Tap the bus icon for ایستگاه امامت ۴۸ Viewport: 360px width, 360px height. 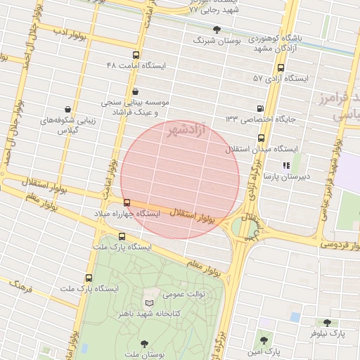pyautogui.click(x=136, y=55)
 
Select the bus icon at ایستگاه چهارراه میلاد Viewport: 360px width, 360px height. pyautogui.click(x=127, y=203)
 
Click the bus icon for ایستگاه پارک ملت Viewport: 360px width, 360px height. pyautogui.click(x=122, y=237)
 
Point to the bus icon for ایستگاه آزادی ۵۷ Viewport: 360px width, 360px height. pyautogui.click(x=281, y=68)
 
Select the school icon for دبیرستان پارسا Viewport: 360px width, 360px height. pyautogui.click(x=285, y=166)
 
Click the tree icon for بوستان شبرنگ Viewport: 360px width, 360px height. pyautogui.click(x=217, y=30)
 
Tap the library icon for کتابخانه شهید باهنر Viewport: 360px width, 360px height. pyautogui.click(x=149, y=302)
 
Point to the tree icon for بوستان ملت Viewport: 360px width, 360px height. pyautogui.click(x=144, y=344)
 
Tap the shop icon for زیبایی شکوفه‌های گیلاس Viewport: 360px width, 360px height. pyautogui.click(x=67, y=110)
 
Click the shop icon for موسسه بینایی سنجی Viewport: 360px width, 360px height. pyautogui.click(x=135, y=91)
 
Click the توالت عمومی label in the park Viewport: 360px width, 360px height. pyautogui.click(x=184, y=294)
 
